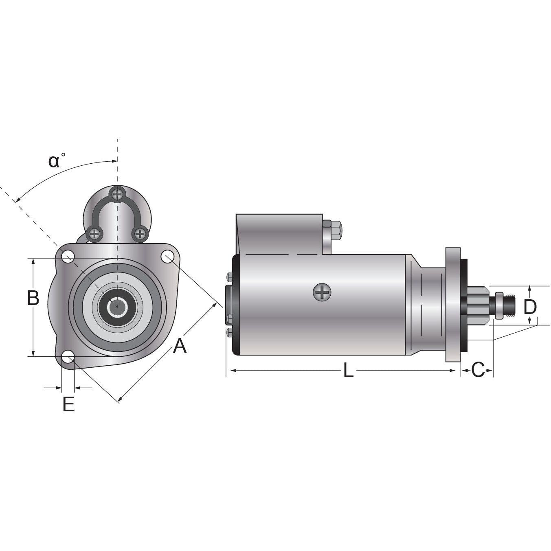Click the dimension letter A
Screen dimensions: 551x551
coord(180,346)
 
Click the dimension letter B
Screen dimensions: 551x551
coord(33,298)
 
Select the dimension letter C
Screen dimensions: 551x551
coord(478,370)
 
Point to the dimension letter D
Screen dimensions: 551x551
coord(530,307)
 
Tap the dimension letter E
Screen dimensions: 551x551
coord(68,404)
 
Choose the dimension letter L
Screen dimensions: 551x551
coord(348,371)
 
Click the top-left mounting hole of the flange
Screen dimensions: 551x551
coord(68,257)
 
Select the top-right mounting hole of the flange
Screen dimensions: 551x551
coord(167,257)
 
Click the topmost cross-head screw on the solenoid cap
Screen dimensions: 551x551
coord(117,194)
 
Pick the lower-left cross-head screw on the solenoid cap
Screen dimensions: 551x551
coord(94,234)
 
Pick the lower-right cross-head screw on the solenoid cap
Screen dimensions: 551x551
coord(140,234)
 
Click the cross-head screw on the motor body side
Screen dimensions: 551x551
coord(322,292)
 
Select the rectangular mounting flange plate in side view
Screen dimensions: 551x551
coord(453,304)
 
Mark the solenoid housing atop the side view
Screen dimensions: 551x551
coord(280,234)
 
